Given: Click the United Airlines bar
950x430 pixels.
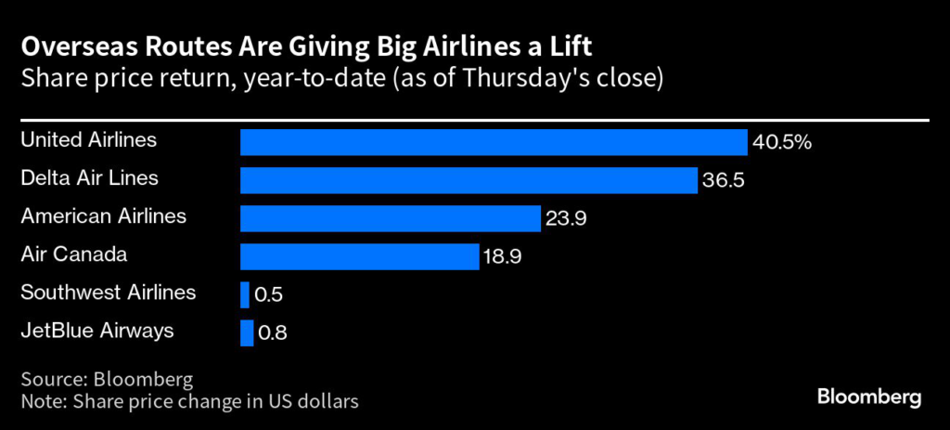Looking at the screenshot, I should (x=494, y=142).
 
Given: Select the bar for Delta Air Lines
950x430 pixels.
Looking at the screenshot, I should (x=469, y=180).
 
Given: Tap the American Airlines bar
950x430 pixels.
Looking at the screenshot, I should (x=391, y=218).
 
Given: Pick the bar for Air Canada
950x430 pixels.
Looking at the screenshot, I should (x=360, y=256).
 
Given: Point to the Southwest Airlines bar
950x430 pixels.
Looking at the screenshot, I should (x=245, y=294).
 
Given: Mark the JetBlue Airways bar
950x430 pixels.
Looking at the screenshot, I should (x=247, y=332).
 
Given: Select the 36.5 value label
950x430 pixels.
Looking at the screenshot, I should (x=725, y=180).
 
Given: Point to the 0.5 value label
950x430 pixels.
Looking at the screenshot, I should (x=269, y=295).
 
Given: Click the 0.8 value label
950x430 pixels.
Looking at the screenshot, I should (x=273, y=333).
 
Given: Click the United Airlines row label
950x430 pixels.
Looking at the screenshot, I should (x=89, y=140).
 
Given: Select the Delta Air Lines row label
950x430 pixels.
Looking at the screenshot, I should (x=90, y=178).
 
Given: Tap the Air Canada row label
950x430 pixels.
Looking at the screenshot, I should (x=73, y=254).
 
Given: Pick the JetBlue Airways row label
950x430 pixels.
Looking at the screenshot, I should (x=96, y=331).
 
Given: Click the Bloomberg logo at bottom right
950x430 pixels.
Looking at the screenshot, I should (x=868, y=397).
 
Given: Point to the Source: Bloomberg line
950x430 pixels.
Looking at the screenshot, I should (x=107, y=381).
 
